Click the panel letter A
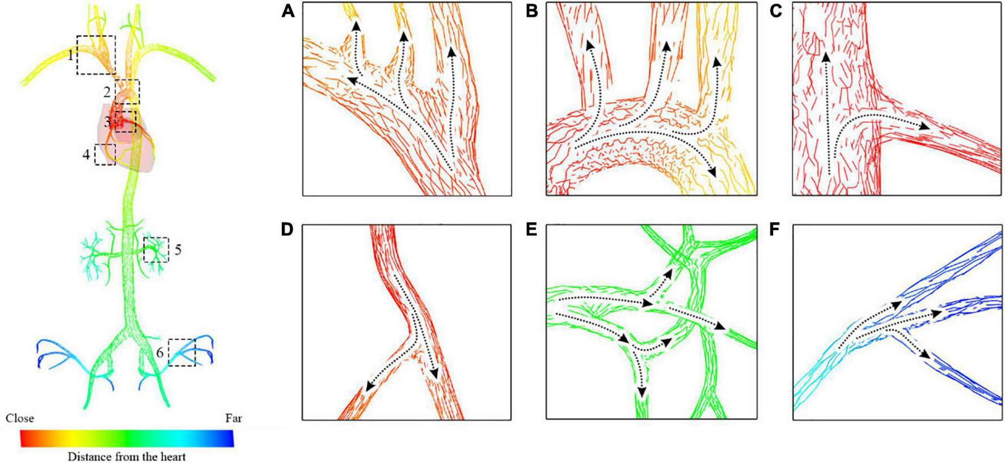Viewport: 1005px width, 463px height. [288, 11]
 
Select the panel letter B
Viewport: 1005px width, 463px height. [531, 11]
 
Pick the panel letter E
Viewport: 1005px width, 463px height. [531, 230]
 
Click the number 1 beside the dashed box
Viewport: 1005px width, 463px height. [70, 56]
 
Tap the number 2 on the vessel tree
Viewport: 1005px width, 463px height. [107, 91]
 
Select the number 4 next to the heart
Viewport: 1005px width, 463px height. [86, 154]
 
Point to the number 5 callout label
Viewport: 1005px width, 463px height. [178, 249]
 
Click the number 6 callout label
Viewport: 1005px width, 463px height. [160, 353]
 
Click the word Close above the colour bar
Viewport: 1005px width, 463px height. [20, 418]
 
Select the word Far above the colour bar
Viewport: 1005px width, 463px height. [233, 418]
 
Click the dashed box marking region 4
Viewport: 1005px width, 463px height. [105, 154]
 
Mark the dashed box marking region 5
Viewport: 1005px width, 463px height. [156, 249]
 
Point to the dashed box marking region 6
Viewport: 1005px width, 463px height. [181, 352]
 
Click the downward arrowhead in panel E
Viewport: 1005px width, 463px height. [641, 392]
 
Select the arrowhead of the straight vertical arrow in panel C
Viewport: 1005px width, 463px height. [826, 57]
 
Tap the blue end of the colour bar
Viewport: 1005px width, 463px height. [227, 438]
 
